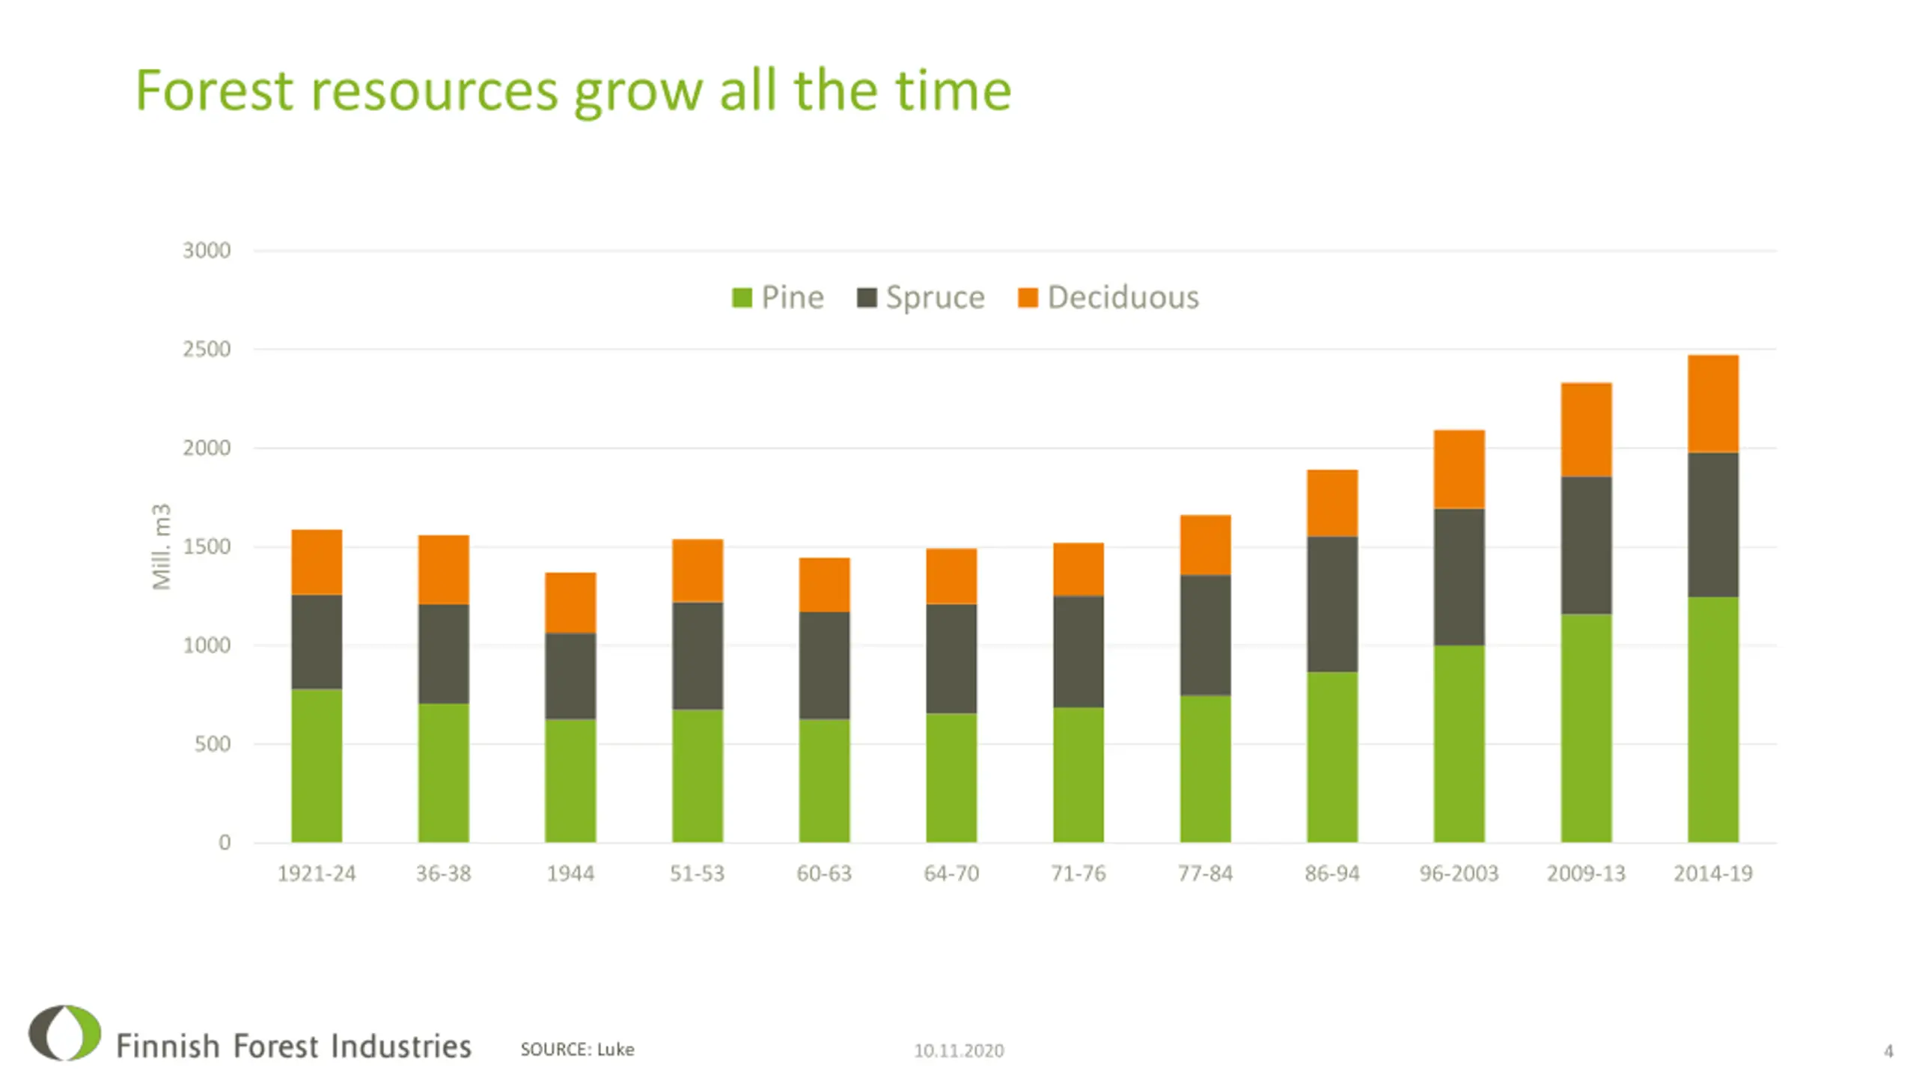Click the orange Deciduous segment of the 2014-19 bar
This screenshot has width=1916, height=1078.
coord(1712,404)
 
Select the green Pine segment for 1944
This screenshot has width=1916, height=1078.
coord(570,780)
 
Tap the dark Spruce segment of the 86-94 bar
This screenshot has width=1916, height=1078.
coord(1331,603)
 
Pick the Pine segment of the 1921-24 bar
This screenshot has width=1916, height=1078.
coord(317,765)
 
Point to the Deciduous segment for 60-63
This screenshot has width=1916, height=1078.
coord(824,585)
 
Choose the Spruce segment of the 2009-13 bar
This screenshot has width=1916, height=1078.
coord(1586,545)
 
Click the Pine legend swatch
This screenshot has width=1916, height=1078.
coord(742,298)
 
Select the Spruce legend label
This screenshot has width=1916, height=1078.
coord(935,297)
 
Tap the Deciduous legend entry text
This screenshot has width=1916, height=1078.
coord(1123,297)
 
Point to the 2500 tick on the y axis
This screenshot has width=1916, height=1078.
coord(207,349)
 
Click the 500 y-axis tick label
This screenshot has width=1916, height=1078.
coord(213,744)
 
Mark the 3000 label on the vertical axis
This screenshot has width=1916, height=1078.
coord(207,250)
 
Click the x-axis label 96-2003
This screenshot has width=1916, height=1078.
coord(1459,874)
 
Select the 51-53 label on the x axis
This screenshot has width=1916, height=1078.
coord(697,874)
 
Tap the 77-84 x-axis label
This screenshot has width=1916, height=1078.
coord(1205,874)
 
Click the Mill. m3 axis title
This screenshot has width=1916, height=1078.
coord(162,546)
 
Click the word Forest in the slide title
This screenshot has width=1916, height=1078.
coord(214,91)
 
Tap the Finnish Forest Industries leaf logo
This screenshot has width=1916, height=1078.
coord(65,1033)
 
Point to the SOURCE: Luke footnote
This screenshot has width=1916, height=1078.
coord(577,1050)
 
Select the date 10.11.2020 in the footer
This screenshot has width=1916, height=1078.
coord(959,1051)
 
